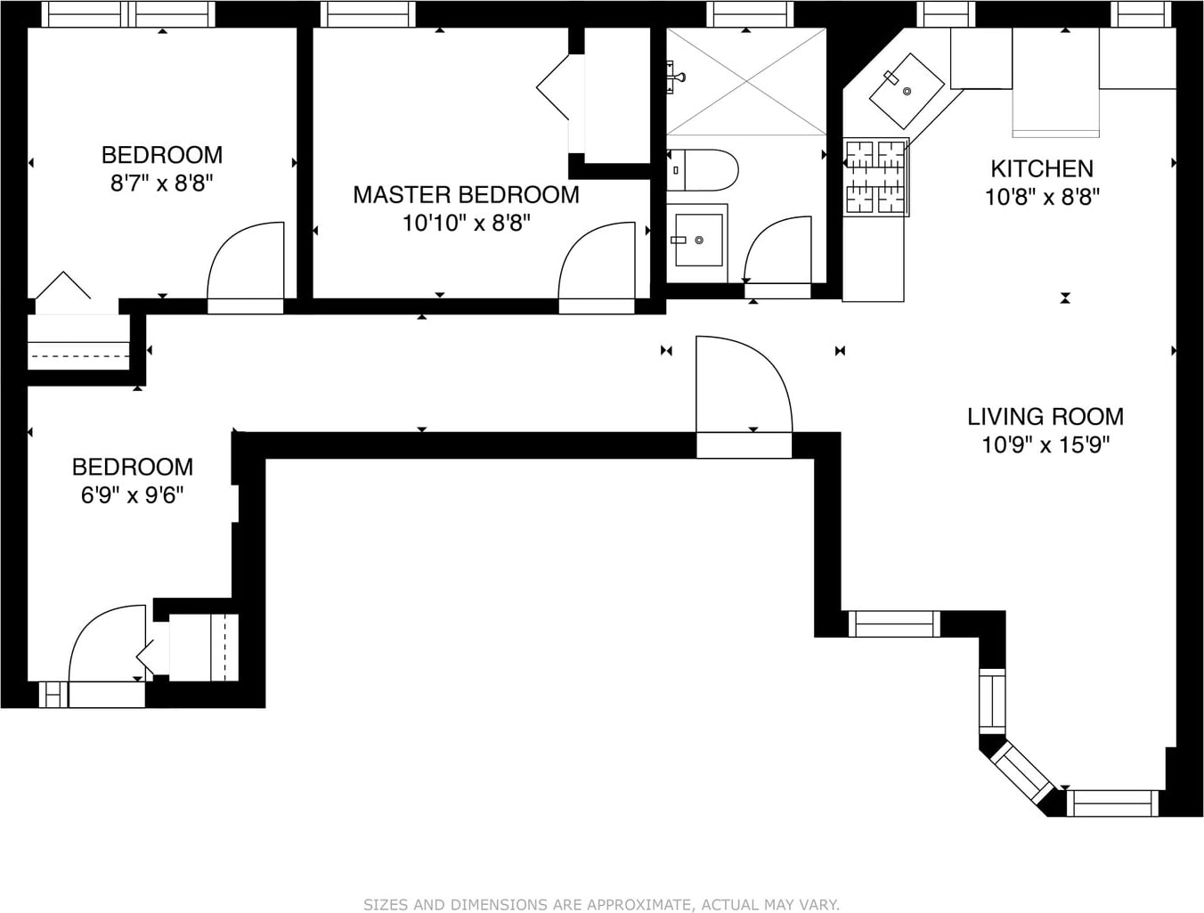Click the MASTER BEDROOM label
[x=466, y=195]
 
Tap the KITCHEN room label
[x=1042, y=168]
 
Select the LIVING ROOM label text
[x=1045, y=417]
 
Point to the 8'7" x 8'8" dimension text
[x=161, y=183]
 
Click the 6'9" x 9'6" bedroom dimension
[x=132, y=495]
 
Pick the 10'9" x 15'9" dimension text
[x=1045, y=445]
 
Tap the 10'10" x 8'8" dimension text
[x=467, y=224]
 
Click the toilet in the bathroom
[x=703, y=170]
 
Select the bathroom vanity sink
[x=698, y=240]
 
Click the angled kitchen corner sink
[x=907, y=91]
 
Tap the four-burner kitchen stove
[x=876, y=176]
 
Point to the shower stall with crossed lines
[x=746, y=81]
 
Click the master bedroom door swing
[x=597, y=267]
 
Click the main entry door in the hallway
[x=744, y=396]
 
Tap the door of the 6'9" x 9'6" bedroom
[x=107, y=656]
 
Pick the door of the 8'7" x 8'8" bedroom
[x=246, y=267]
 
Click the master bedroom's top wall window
[x=368, y=13]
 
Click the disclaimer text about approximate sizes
[x=602, y=904]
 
